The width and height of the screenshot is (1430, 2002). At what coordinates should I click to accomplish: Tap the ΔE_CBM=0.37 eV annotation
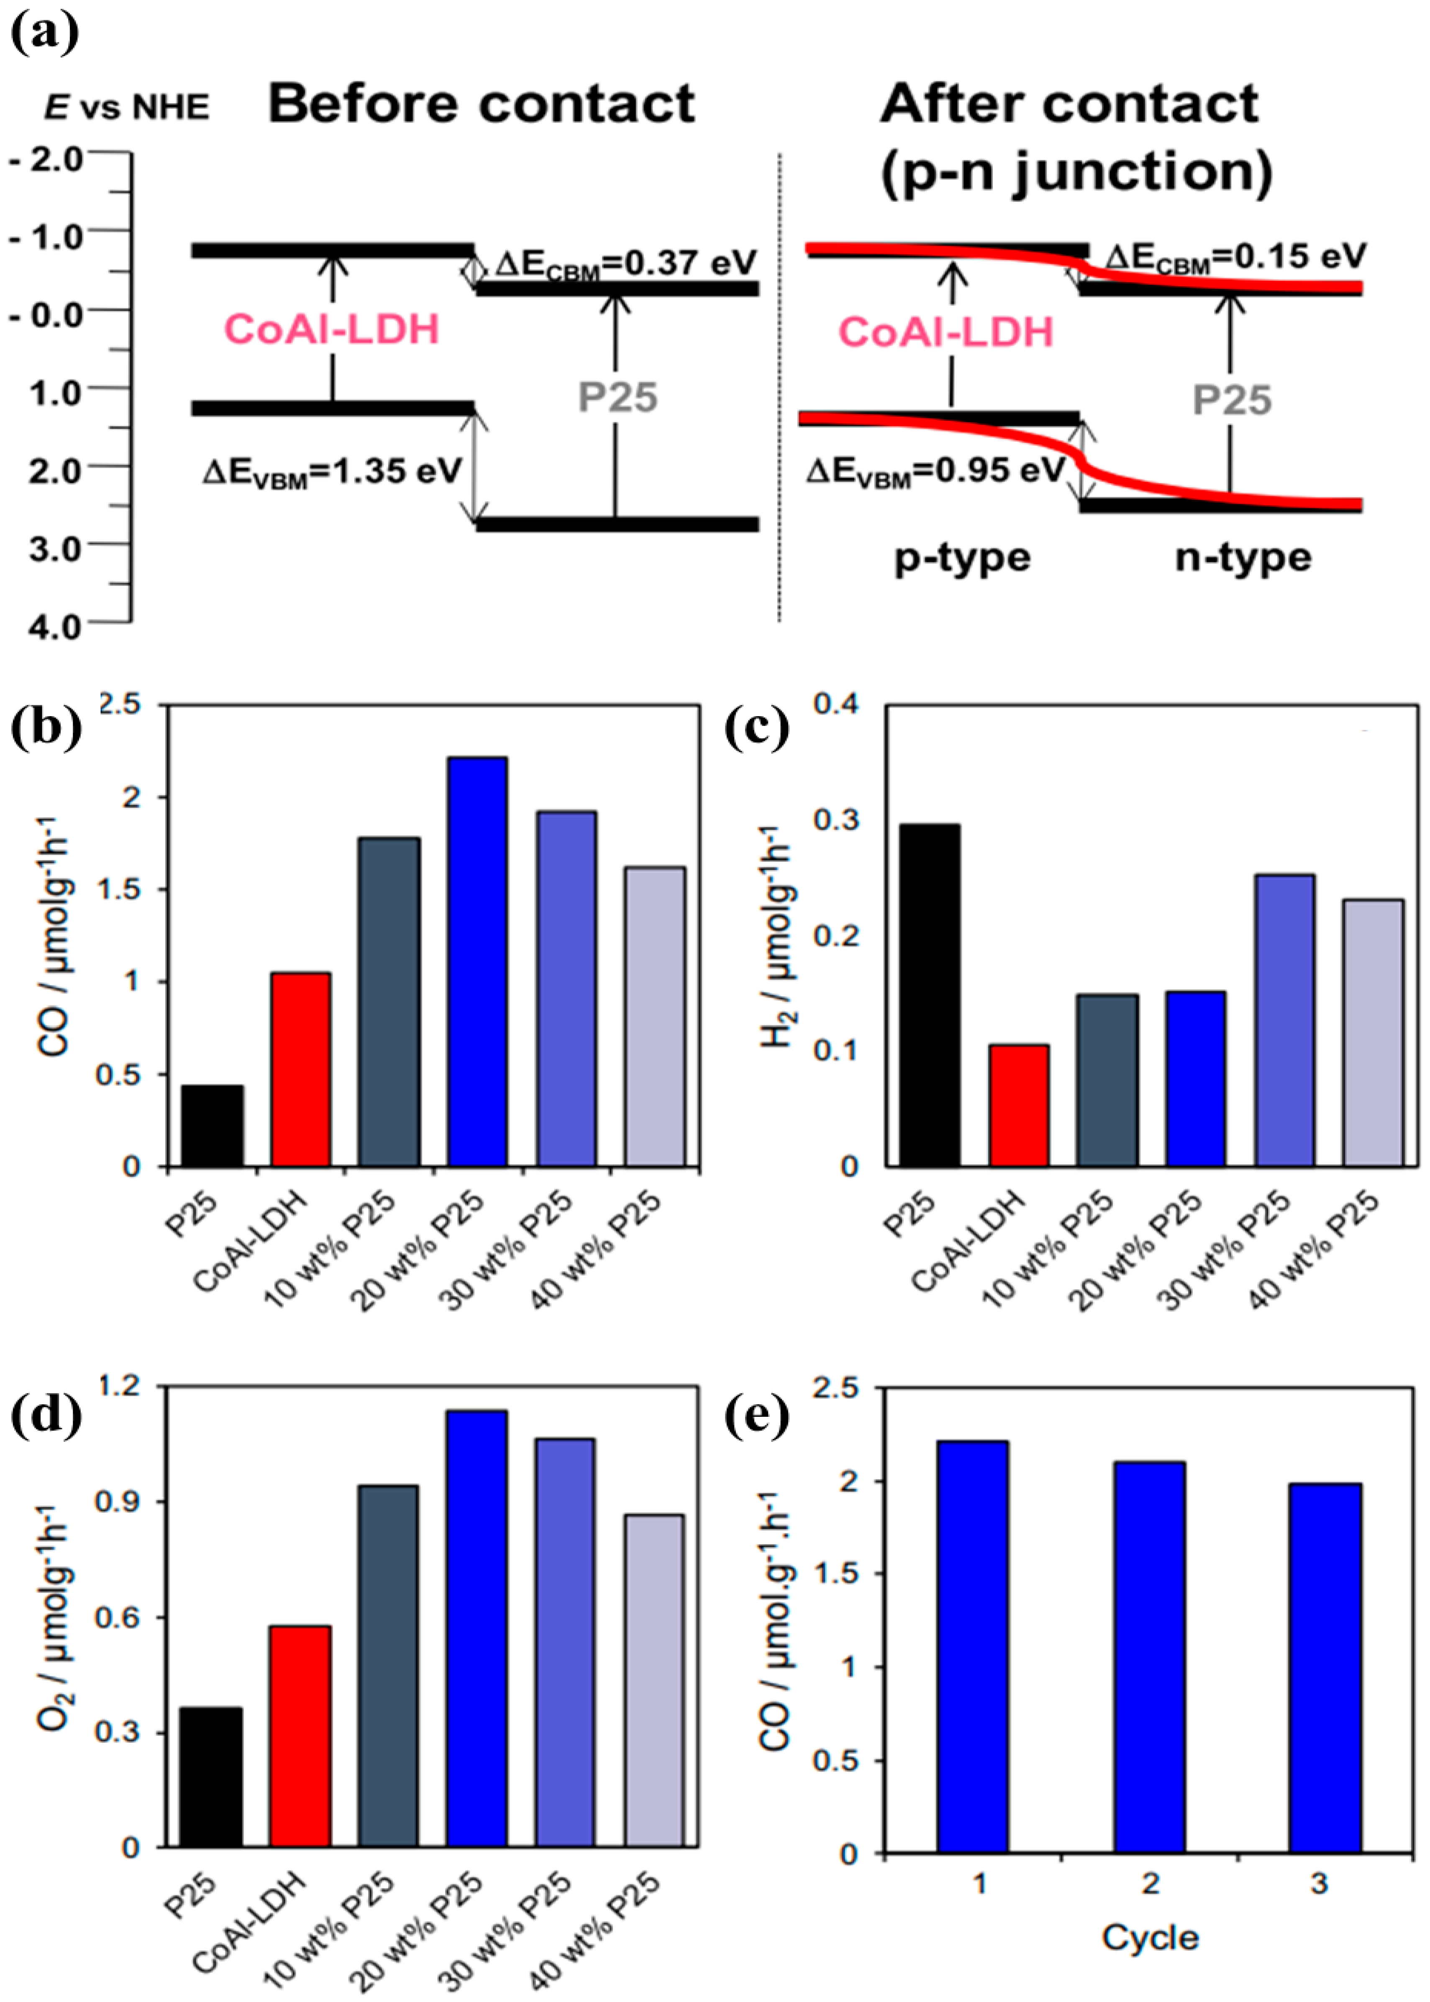coord(625,262)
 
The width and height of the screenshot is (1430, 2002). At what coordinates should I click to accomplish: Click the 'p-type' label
coord(961,557)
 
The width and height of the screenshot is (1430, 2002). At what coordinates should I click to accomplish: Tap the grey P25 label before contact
coord(617,398)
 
